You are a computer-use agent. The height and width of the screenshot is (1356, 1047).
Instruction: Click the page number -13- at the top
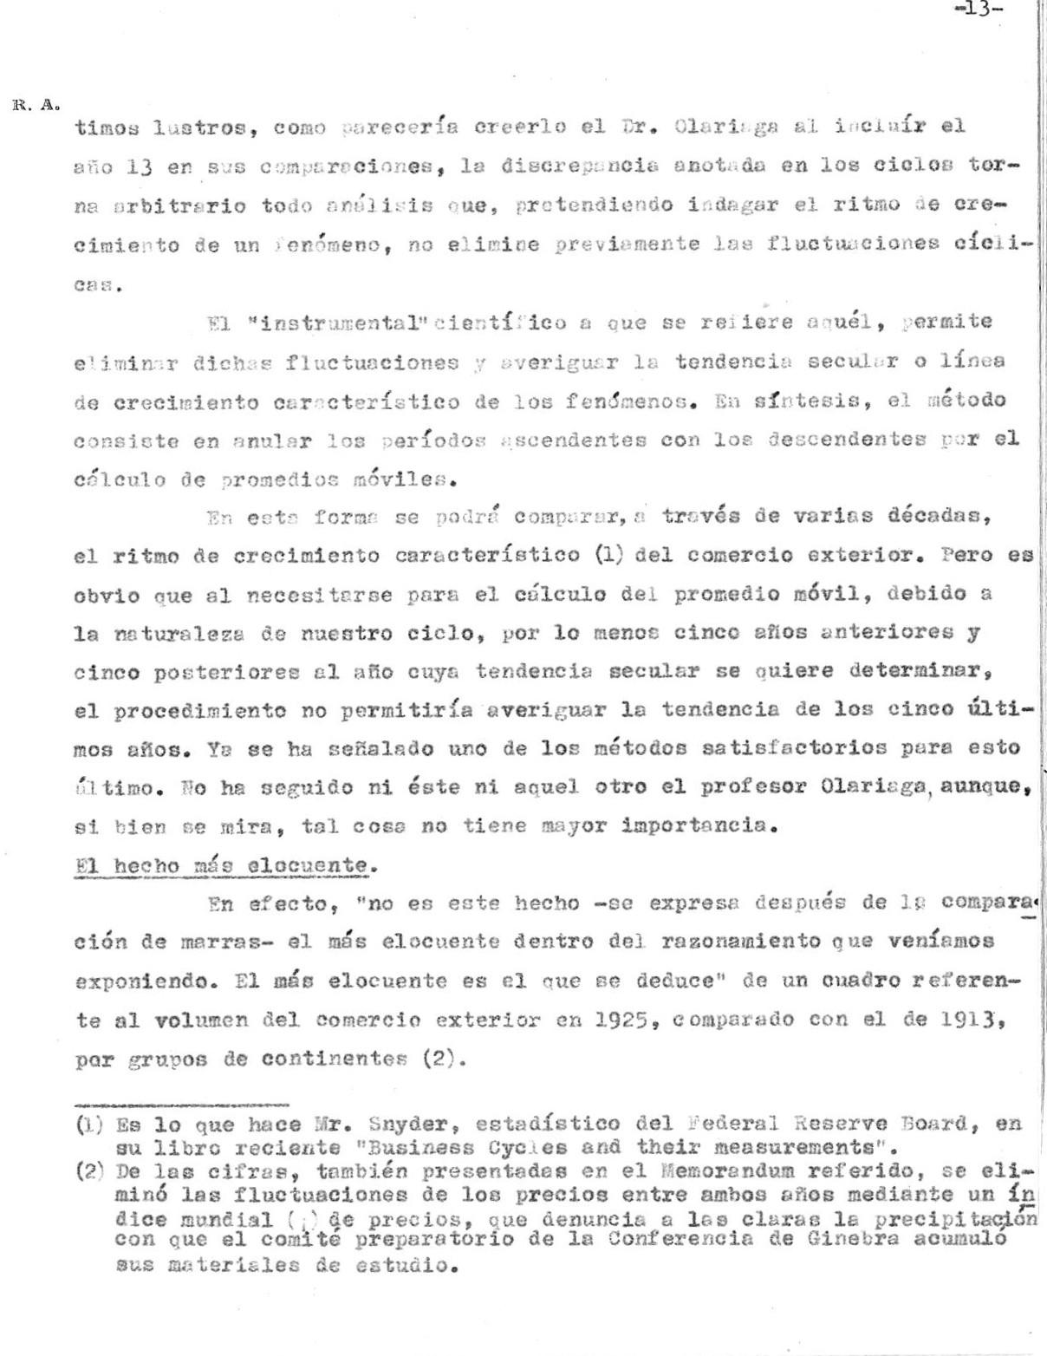tap(978, 10)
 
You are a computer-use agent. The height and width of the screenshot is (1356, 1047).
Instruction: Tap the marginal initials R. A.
tap(36, 107)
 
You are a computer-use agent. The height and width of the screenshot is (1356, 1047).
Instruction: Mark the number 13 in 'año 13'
tap(133, 167)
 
